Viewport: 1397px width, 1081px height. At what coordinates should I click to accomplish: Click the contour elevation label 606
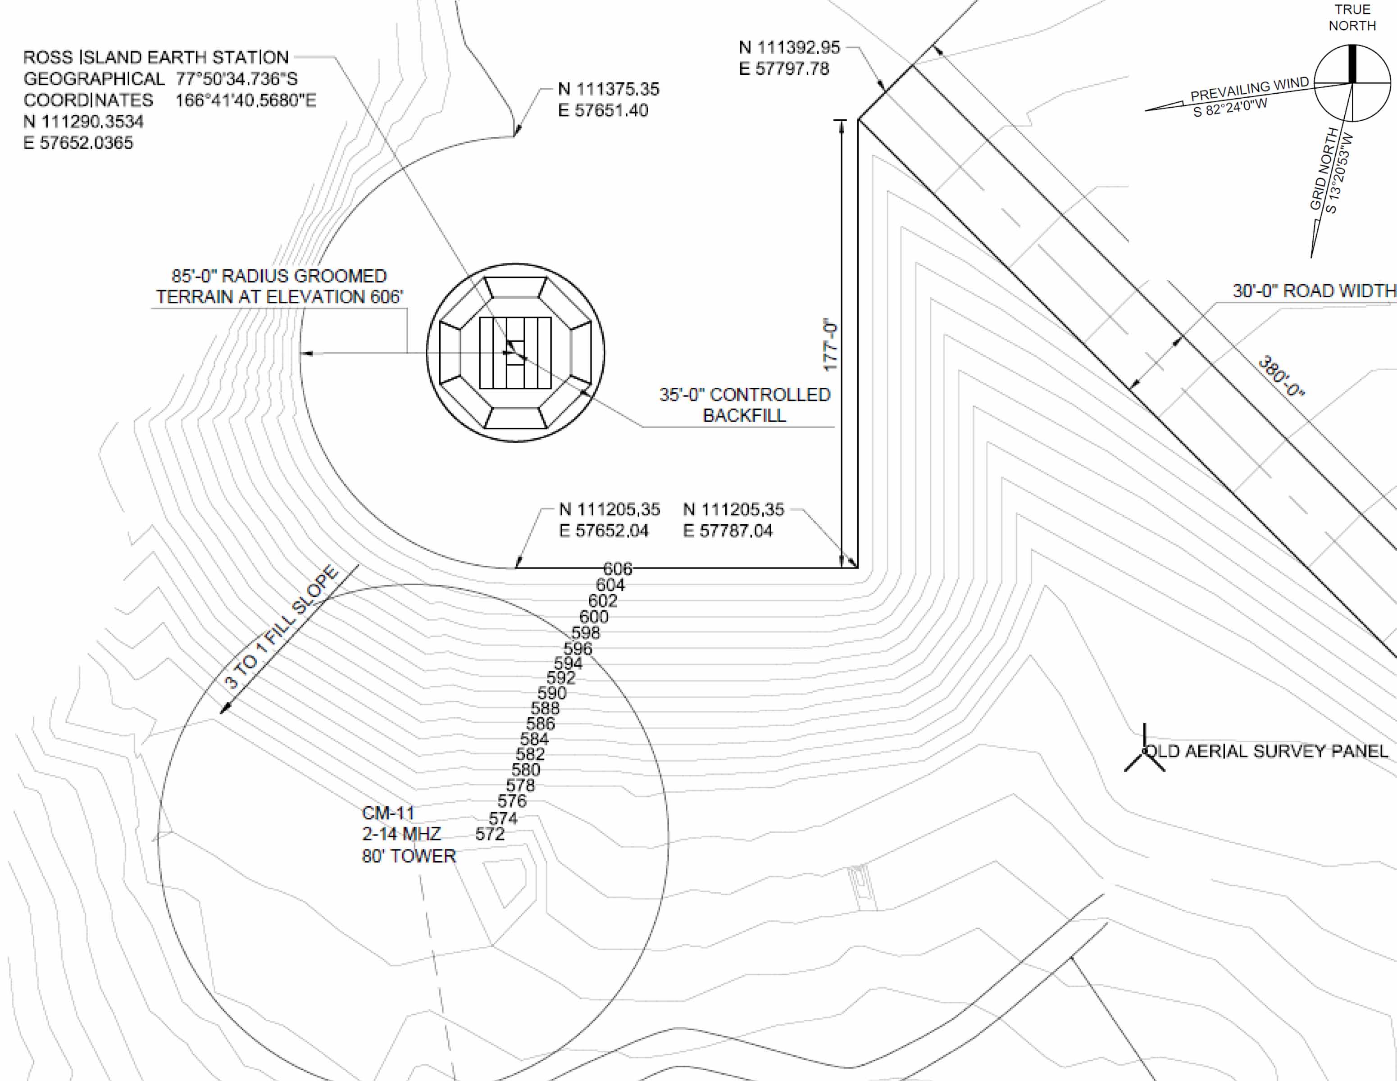pos(617,568)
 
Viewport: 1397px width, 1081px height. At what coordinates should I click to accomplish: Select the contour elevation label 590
pos(552,693)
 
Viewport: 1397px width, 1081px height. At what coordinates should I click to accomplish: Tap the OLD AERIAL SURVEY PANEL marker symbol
pos(1144,752)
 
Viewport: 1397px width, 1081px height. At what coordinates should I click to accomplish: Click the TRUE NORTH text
pos(1352,18)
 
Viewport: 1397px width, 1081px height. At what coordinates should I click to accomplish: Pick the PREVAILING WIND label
pos(1249,90)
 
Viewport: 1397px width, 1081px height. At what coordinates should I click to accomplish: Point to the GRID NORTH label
pos(1323,169)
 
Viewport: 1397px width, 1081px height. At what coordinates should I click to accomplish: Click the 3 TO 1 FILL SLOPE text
pos(281,627)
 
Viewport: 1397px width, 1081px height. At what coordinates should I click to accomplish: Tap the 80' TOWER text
pos(409,856)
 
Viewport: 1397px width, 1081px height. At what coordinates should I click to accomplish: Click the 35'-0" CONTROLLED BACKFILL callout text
pos(745,405)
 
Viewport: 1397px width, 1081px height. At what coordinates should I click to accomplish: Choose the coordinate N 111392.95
pos(789,47)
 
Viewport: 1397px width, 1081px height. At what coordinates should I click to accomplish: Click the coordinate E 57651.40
pos(603,110)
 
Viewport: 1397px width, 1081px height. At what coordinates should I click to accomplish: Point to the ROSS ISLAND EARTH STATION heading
pos(156,58)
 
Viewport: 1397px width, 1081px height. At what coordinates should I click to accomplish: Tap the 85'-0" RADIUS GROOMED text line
pos(279,276)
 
